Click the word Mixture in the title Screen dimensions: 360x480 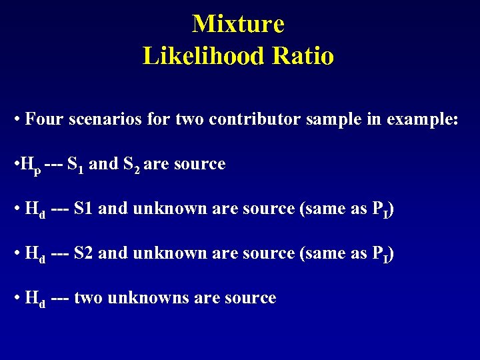pyautogui.click(x=238, y=24)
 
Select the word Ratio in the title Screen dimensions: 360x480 pyautogui.click(x=303, y=56)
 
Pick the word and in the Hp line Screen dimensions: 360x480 pyautogui.click(x=103, y=164)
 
